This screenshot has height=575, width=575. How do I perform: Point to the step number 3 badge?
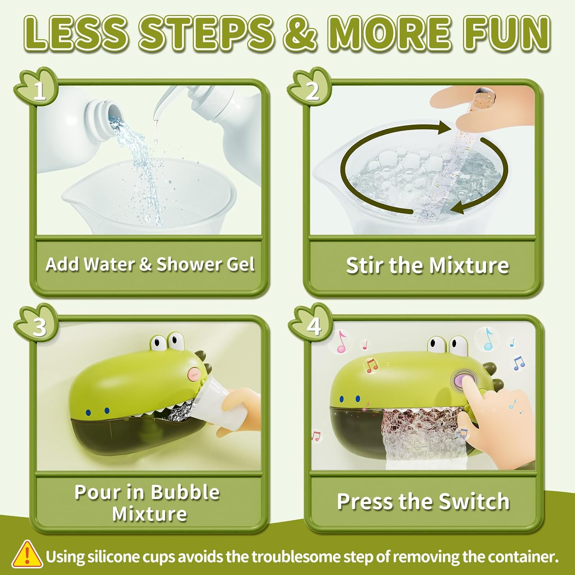[39, 326]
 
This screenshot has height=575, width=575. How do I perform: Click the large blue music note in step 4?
[488, 338]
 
